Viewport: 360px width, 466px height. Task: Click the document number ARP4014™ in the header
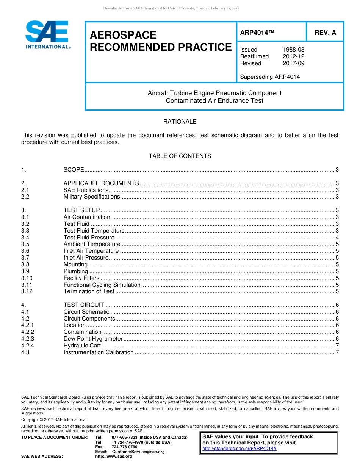(x=257, y=33)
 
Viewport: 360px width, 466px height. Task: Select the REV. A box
(x=325, y=33)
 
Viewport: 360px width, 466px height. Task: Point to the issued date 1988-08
(x=293, y=50)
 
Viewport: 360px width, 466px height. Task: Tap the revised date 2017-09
(x=293, y=63)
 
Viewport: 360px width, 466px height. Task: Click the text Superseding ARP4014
(x=270, y=77)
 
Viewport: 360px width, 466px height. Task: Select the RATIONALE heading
(x=180, y=122)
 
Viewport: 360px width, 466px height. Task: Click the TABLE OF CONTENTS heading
(x=180, y=156)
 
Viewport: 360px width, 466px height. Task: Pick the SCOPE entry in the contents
(x=74, y=170)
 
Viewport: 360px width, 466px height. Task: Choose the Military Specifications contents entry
(x=92, y=197)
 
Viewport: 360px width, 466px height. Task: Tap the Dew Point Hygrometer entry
(x=93, y=339)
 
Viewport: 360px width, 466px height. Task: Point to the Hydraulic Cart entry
(x=82, y=346)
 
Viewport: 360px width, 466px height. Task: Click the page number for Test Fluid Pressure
(x=337, y=238)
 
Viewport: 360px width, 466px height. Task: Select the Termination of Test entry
(x=89, y=291)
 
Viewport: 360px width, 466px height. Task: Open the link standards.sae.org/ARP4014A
(x=239, y=449)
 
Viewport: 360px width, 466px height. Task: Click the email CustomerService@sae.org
(x=138, y=452)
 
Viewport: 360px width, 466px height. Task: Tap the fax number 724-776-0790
(x=124, y=447)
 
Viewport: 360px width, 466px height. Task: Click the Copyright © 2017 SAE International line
(x=54, y=419)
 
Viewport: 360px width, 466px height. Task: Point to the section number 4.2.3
(x=28, y=339)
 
